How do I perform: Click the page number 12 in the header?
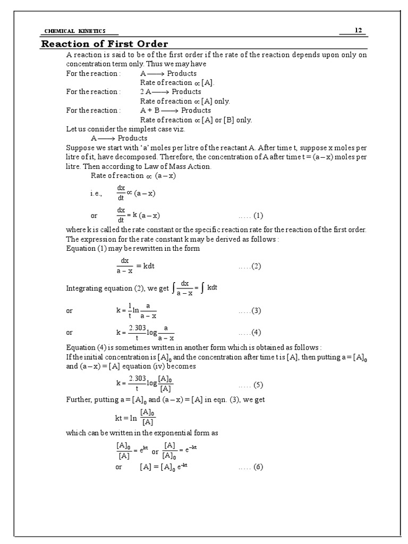click(359, 30)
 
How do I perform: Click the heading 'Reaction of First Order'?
click(105, 44)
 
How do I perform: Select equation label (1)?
click(251, 216)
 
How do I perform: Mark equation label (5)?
click(251, 385)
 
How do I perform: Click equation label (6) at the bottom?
click(251, 467)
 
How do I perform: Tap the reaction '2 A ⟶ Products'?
click(171, 92)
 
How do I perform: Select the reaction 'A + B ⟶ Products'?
click(175, 110)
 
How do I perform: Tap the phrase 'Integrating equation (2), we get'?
click(117, 288)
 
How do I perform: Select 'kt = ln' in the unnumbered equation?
click(126, 418)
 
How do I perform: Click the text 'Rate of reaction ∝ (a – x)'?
click(123, 176)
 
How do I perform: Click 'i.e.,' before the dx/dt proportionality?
click(96, 194)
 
